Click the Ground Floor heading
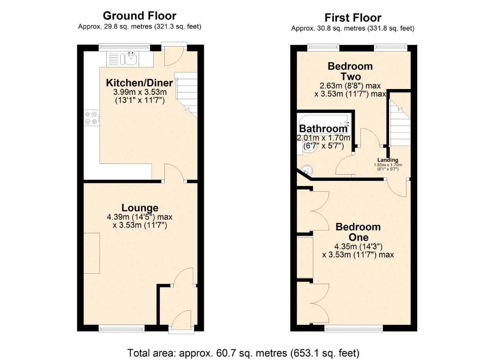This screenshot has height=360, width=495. click(139, 16)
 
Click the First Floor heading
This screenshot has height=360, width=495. click(353, 18)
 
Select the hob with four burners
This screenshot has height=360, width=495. click(92, 118)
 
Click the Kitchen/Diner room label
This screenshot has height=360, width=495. click(139, 83)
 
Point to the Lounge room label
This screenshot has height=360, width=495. click(140, 208)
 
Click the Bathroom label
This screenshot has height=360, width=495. click(323, 129)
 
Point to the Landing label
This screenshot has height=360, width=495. click(388, 160)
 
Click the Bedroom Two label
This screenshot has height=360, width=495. click(350, 71)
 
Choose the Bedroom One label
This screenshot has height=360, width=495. click(358, 232)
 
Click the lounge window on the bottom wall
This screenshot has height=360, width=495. click(121, 329)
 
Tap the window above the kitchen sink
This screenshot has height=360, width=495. click(124, 47)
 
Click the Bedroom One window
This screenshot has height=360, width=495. click(353, 329)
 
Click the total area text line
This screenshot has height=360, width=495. click(244, 353)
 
